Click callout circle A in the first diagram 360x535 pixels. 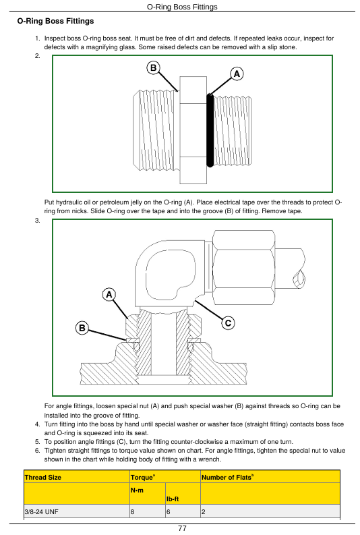tap(237, 74)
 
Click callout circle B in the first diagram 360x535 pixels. tap(154, 67)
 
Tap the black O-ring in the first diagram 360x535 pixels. tap(210, 130)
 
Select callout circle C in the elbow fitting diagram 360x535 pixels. tap(228, 322)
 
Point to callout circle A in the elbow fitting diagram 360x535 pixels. tap(109, 294)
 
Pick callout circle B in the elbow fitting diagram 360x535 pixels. tap(82, 328)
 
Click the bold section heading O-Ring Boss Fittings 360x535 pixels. tap(55, 21)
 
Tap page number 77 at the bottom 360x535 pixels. tap(183, 528)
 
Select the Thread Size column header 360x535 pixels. tap(43, 478)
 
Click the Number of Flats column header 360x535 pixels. tap(227, 477)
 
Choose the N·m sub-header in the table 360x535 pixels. tap(137, 490)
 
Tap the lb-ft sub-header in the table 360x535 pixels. tap(173, 499)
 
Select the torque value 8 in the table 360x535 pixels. tap(133, 512)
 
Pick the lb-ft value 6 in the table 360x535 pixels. tap(169, 512)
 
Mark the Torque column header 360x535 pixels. tap(143, 477)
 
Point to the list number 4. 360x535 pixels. tap(38, 424)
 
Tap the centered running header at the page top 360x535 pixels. tap(182, 7)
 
